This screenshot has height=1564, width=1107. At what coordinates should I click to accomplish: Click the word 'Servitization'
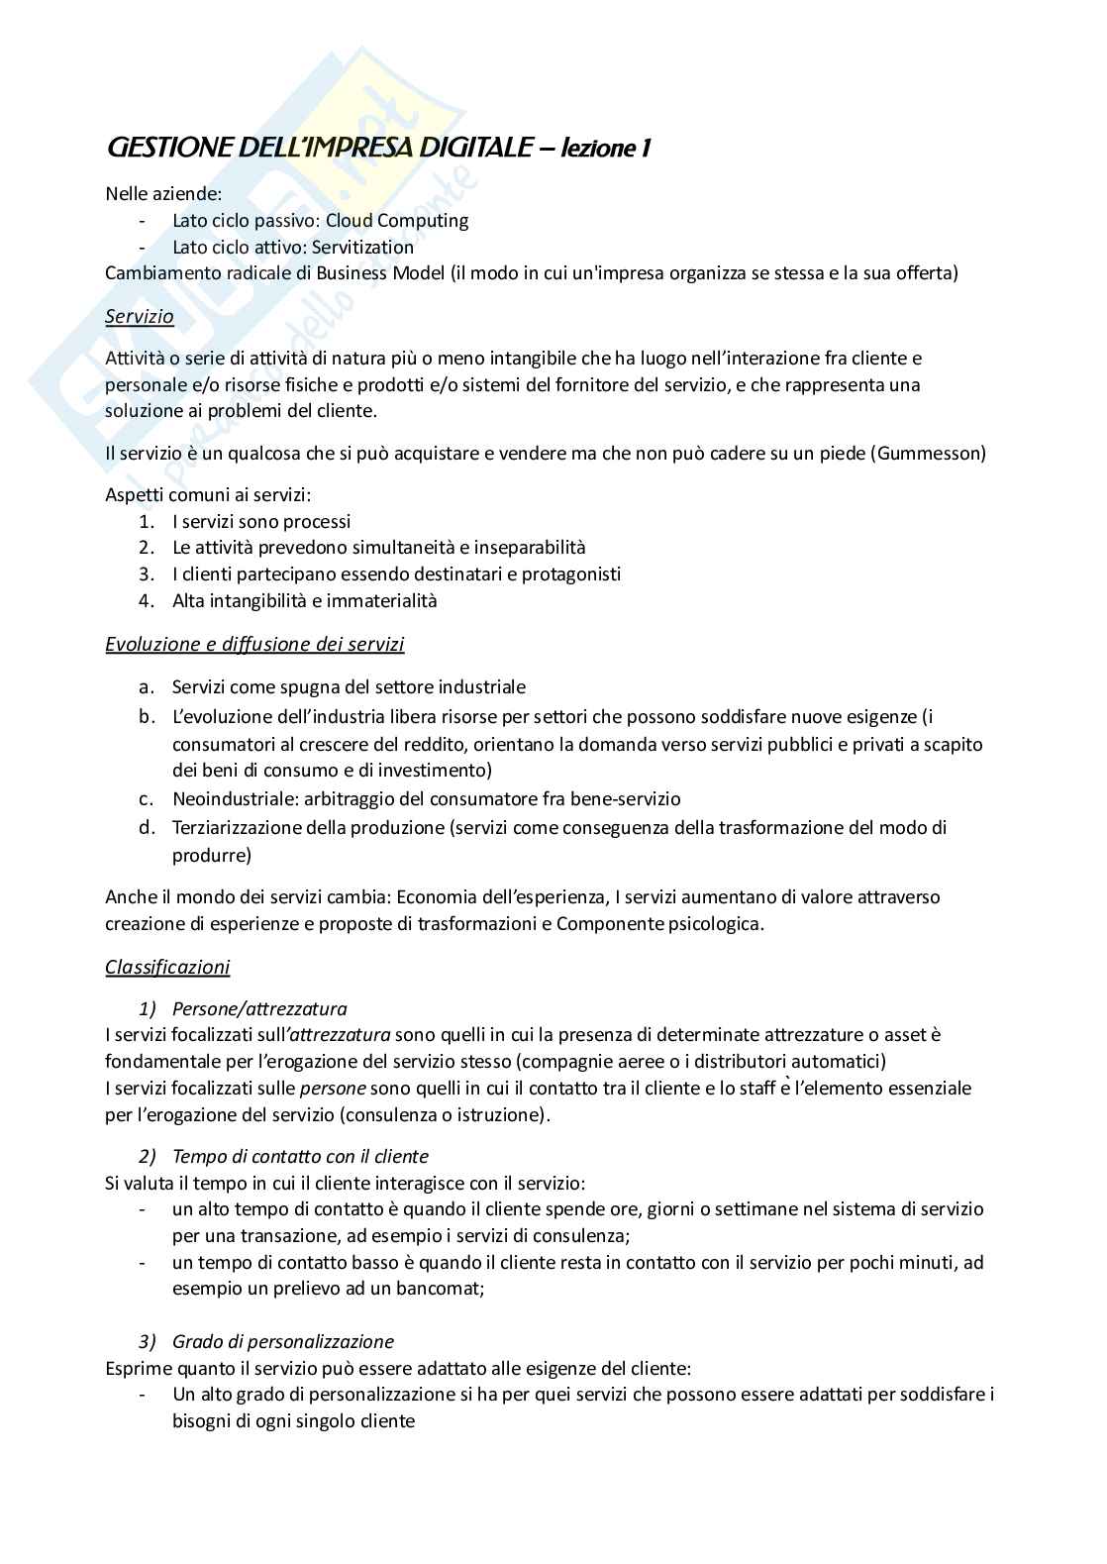[x=362, y=247]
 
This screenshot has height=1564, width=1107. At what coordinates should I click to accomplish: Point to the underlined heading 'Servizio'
[x=140, y=317]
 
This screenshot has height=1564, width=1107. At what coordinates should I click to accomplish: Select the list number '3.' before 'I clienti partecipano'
[x=147, y=573]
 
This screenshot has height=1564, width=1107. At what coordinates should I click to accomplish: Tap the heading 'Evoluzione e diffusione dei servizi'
[x=254, y=645]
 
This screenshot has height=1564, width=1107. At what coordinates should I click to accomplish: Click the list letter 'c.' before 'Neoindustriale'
[x=146, y=798]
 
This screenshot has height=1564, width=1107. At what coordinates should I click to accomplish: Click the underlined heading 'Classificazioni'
[x=167, y=967]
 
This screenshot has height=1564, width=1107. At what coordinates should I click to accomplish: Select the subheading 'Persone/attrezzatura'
[x=259, y=1009]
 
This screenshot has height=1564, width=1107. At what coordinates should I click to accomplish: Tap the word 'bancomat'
[x=445, y=1289]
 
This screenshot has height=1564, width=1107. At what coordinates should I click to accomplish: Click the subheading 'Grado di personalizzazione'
[x=282, y=1342]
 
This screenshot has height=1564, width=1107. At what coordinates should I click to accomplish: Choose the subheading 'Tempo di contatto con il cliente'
[x=300, y=1156]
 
